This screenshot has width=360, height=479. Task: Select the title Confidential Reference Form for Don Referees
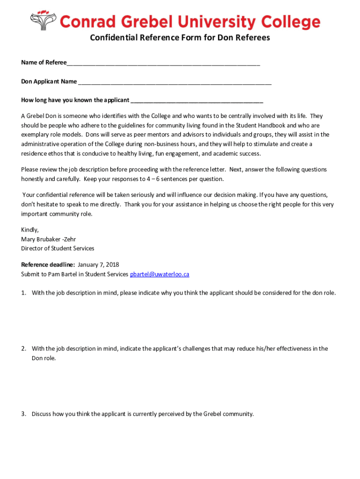point(180,38)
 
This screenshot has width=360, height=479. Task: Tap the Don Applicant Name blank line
point(175,82)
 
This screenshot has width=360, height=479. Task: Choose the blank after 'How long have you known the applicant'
point(197,101)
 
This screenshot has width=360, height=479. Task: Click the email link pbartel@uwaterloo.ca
point(159,275)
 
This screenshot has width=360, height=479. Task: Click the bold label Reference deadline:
point(48,265)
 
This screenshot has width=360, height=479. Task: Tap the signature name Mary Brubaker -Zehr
point(48,239)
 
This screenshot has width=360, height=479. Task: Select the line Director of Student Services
point(58,248)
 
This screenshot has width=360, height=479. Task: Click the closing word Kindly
point(30,230)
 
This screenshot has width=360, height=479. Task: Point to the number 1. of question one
point(23,293)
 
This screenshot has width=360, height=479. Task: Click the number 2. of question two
point(23,349)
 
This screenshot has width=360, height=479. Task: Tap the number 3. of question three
point(23,414)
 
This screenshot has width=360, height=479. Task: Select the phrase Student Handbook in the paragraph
point(260,125)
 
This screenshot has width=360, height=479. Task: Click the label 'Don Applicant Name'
point(49,82)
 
